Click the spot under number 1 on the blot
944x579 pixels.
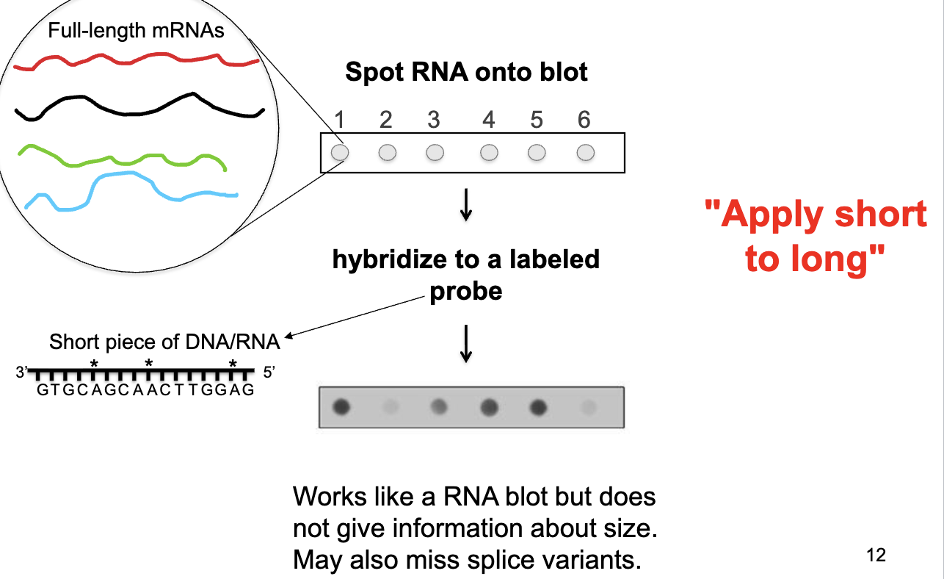pyautogui.click(x=340, y=152)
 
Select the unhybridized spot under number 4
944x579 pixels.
pyautogui.click(x=489, y=152)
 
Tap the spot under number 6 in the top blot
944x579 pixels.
pyautogui.click(x=585, y=152)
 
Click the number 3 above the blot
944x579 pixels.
pyautogui.click(x=433, y=120)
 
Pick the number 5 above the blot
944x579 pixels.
pyautogui.click(x=537, y=120)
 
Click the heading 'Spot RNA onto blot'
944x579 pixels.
pyautogui.click(x=466, y=72)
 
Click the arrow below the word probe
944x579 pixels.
pyautogui.click(x=465, y=343)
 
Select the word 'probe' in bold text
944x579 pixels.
pyautogui.click(x=466, y=291)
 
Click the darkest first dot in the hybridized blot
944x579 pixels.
pyautogui.click(x=341, y=406)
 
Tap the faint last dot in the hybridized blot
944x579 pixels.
pyautogui.click(x=585, y=406)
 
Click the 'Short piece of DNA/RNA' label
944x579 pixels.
pyautogui.click(x=164, y=342)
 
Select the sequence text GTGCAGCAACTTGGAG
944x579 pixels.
pyautogui.click(x=145, y=390)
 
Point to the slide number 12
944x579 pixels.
pyautogui.click(x=876, y=555)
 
